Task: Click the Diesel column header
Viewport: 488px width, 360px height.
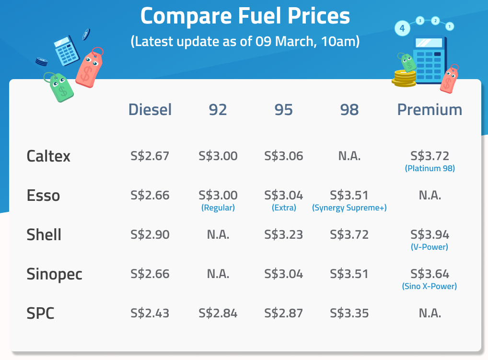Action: click(x=150, y=110)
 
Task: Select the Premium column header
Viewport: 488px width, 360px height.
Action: click(x=430, y=110)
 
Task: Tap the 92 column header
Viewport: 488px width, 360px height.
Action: click(x=218, y=110)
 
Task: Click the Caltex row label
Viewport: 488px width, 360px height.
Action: click(x=48, y=156)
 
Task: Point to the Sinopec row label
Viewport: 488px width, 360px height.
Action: click(x=54, y=275)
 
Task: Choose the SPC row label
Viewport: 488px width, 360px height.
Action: click(x=40, y=314)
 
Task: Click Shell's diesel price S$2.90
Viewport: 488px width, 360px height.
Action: click(x=150, y=235)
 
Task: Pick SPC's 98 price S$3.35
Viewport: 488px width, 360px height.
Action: click(x=349, y=314)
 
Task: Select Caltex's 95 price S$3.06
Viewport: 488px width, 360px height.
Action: click(x=283, y=156)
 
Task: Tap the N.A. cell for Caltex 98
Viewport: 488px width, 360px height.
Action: click(x=349, y=156)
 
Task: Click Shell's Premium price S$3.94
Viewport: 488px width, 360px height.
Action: click(x=430, y=235)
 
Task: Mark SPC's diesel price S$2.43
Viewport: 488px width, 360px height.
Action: click(x=150, y=314)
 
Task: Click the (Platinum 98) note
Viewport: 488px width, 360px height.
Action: click(x=430, y=169)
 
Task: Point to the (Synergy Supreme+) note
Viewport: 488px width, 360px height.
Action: click(x=349, y=208)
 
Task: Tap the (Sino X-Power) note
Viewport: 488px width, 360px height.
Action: click(x=430, y=287)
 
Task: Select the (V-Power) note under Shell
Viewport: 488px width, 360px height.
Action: click(x=430, y=247)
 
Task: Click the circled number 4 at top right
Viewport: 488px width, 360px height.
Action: click(x=402, y=28)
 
